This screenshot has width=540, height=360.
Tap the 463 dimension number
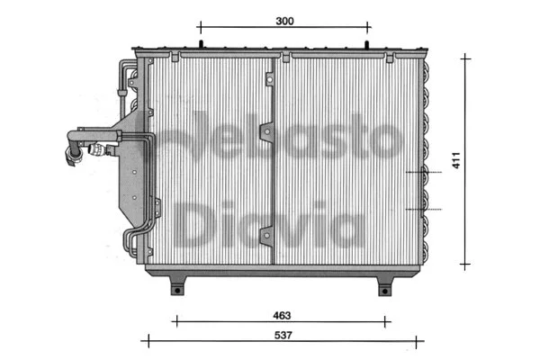point(283,314)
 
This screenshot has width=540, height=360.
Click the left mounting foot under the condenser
point(178,286)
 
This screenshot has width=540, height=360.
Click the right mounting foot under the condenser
point(384,286)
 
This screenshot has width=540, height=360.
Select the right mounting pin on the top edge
point(369,42)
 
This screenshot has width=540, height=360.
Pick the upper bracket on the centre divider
point(266,133)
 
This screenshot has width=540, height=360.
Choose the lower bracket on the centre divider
point(266,236)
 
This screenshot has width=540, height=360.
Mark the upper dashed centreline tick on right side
point(423,171)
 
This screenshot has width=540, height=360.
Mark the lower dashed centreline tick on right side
point(423,209)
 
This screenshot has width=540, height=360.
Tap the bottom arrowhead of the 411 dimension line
point(465,265)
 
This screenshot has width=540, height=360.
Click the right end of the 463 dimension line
point(389,320)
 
